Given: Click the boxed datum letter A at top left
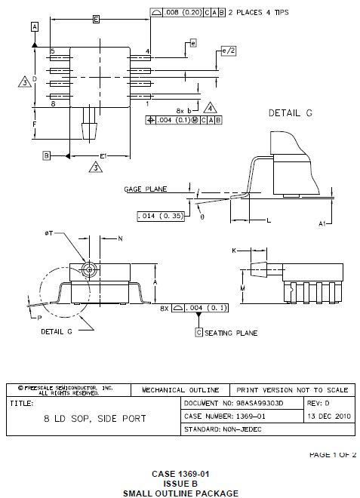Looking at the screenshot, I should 35,26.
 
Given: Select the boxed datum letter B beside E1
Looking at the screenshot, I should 46,155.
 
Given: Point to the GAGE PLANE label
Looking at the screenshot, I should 145,189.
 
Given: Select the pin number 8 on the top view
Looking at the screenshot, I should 53,103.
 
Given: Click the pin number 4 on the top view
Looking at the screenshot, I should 147,51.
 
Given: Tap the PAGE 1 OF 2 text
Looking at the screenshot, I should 332,455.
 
